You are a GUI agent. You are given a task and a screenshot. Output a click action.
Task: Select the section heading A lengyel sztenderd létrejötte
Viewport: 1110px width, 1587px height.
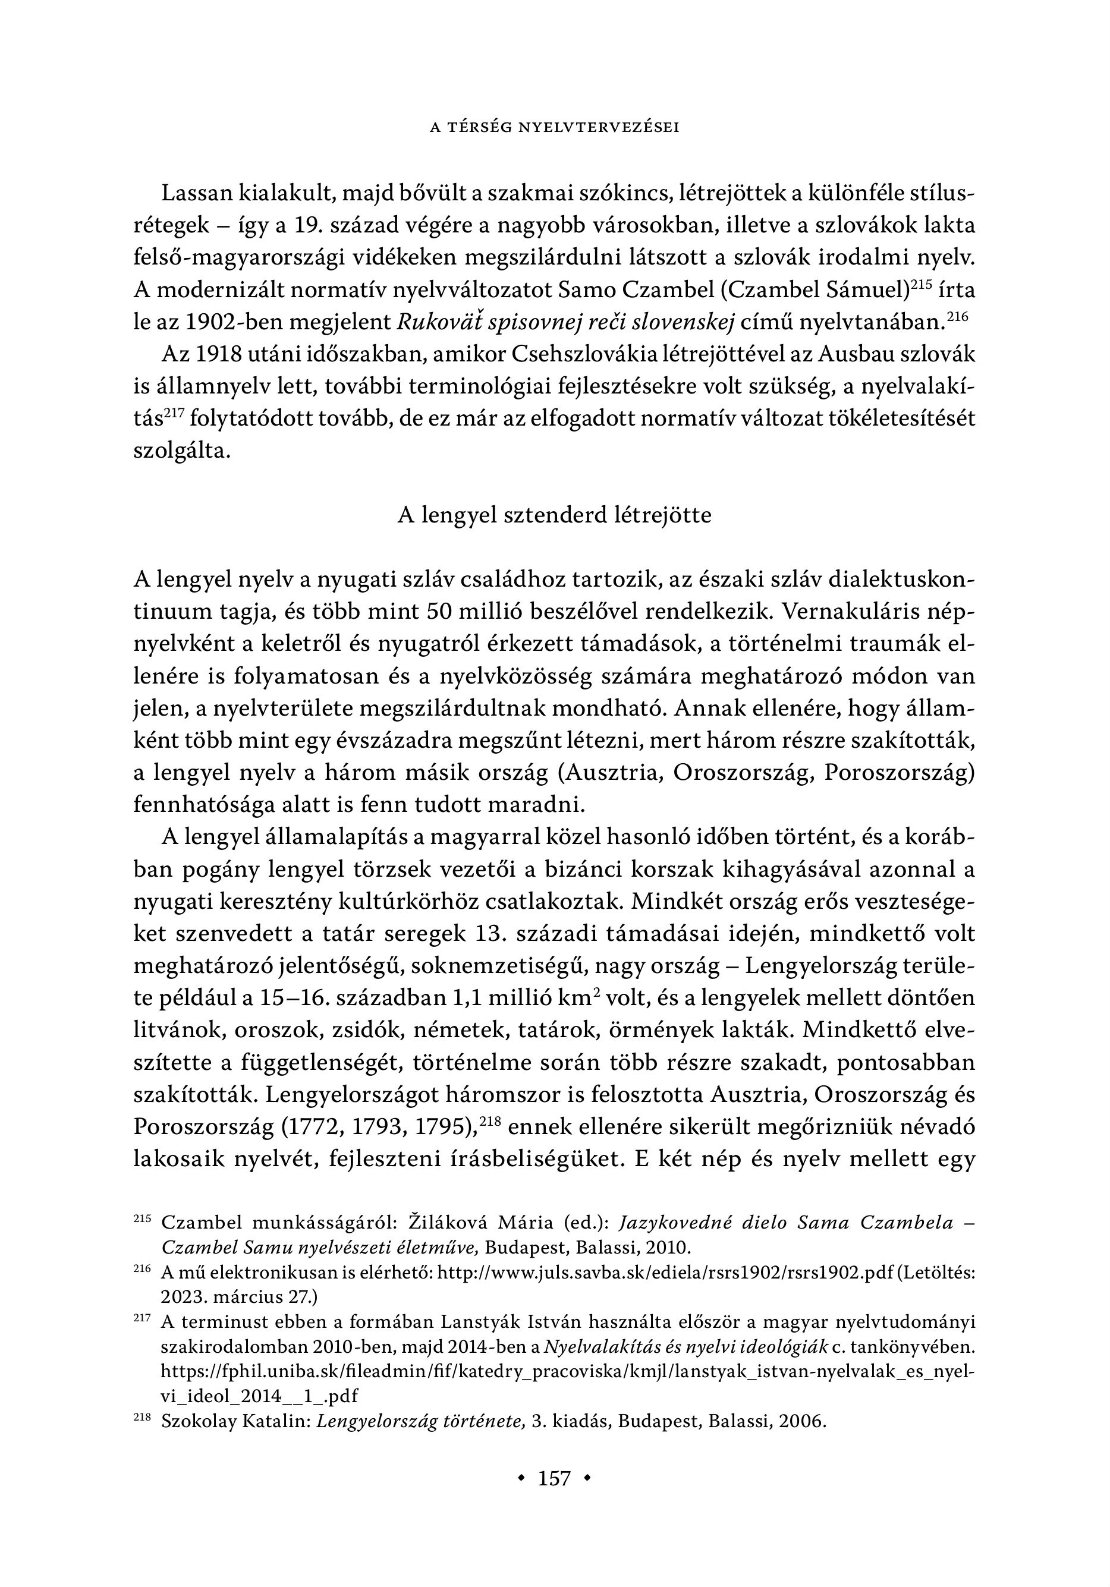pos(554,516)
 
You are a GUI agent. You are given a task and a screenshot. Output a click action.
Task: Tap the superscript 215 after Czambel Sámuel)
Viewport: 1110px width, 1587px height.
pos(923,283)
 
